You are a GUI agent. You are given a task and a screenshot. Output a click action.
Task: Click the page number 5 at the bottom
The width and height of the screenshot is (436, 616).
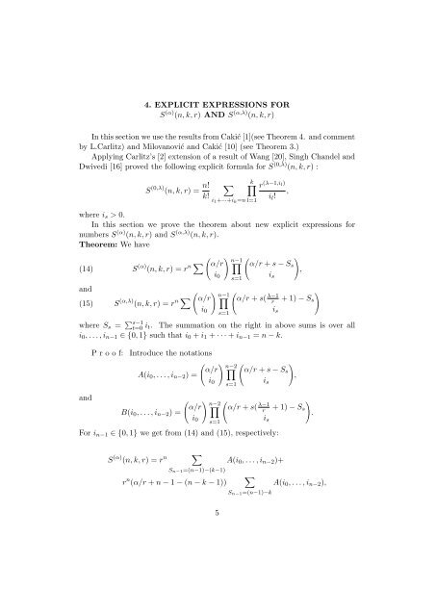(x=218, y=594)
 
